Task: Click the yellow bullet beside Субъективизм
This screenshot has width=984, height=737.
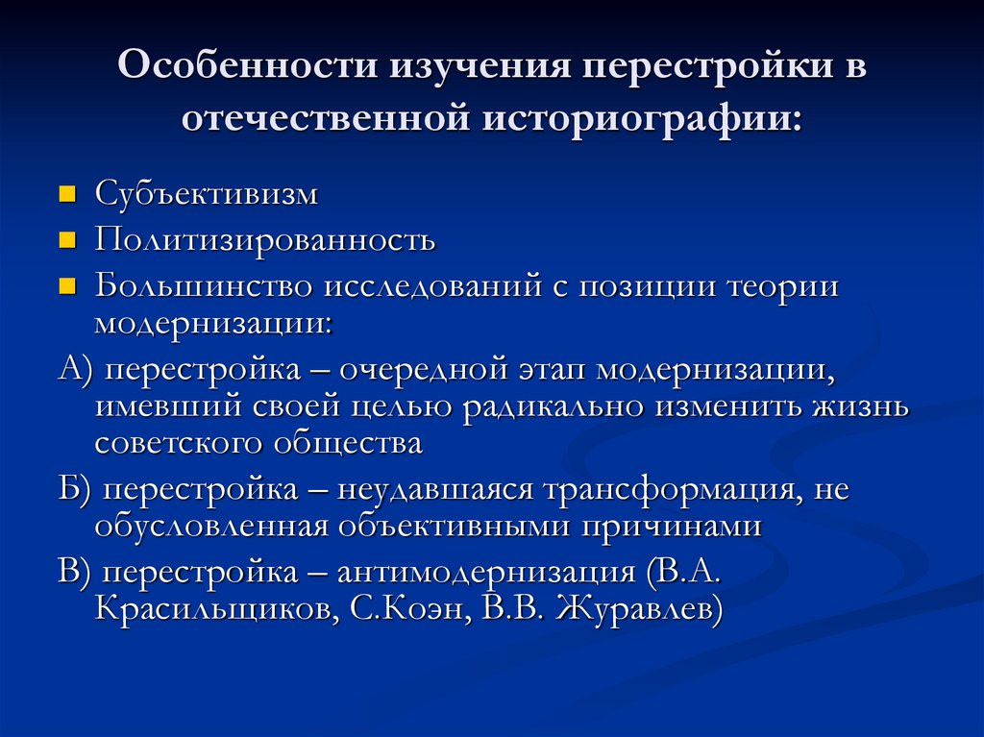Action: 67,195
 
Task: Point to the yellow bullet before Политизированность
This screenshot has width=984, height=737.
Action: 67,241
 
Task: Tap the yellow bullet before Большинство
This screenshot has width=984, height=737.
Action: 67,287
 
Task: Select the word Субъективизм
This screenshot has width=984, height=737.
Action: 206,194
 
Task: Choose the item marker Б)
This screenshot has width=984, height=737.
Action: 75,491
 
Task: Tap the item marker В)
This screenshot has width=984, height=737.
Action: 75,574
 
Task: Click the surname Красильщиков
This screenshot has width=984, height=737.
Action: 211,609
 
